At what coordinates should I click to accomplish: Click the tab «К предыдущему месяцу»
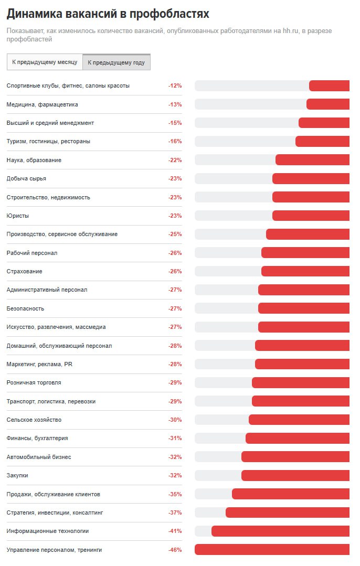45,62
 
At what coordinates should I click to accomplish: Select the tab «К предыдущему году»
117,62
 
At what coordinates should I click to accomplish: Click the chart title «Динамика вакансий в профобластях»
108,14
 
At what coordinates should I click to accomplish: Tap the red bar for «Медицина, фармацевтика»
328,104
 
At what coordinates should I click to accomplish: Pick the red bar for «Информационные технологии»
280,531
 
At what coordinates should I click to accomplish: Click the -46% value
175,550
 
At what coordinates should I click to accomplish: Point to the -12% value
175,86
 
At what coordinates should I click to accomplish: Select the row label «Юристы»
18,216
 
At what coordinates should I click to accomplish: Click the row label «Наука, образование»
34,160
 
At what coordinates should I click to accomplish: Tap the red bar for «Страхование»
305,271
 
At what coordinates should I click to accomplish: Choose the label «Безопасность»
25,308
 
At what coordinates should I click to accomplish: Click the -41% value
175,531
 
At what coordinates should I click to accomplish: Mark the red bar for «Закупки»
295,475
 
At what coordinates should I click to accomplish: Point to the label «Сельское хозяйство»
34,420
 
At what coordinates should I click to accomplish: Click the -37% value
175,512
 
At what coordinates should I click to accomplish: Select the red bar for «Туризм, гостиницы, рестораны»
322,141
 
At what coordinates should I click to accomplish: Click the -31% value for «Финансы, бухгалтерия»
175,438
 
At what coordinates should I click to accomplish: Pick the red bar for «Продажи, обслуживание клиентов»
291,494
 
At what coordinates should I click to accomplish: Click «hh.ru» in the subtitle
290,31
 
